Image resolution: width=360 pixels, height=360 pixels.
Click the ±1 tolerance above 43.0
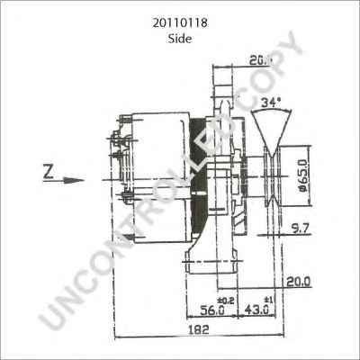pyautogui.click(x=265, y=298)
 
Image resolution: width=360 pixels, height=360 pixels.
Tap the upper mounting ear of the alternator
pyautogui.click(x=221, y=90)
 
